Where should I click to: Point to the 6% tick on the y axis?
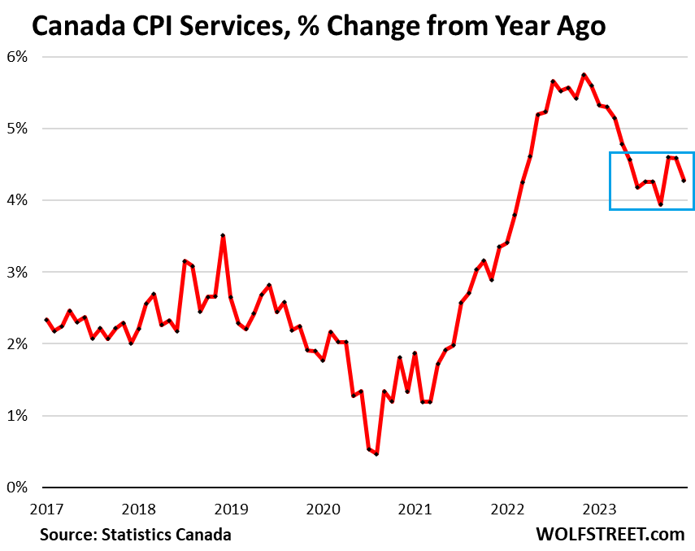click(x=19, y=57)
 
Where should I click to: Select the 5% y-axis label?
click(x=19, y=129)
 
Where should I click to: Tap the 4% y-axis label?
click(x=19, y=200)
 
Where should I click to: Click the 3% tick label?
click(x=19, y=272)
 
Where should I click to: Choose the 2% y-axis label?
click(x=19, y=343)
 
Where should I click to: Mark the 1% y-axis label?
click(x=19, y=416)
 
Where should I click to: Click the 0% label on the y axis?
click(x=19, y=488)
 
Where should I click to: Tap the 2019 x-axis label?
click(x=232, y=509)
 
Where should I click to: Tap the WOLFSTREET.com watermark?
click(x=610, y=535)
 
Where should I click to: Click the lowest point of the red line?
click(x=376, y=453)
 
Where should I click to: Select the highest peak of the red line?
click(x=584, y=75)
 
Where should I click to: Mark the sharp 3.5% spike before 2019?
click(x=223, y=236)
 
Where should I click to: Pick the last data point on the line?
click(x=684, y=181)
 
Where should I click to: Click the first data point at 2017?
click(x=46, y=320)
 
